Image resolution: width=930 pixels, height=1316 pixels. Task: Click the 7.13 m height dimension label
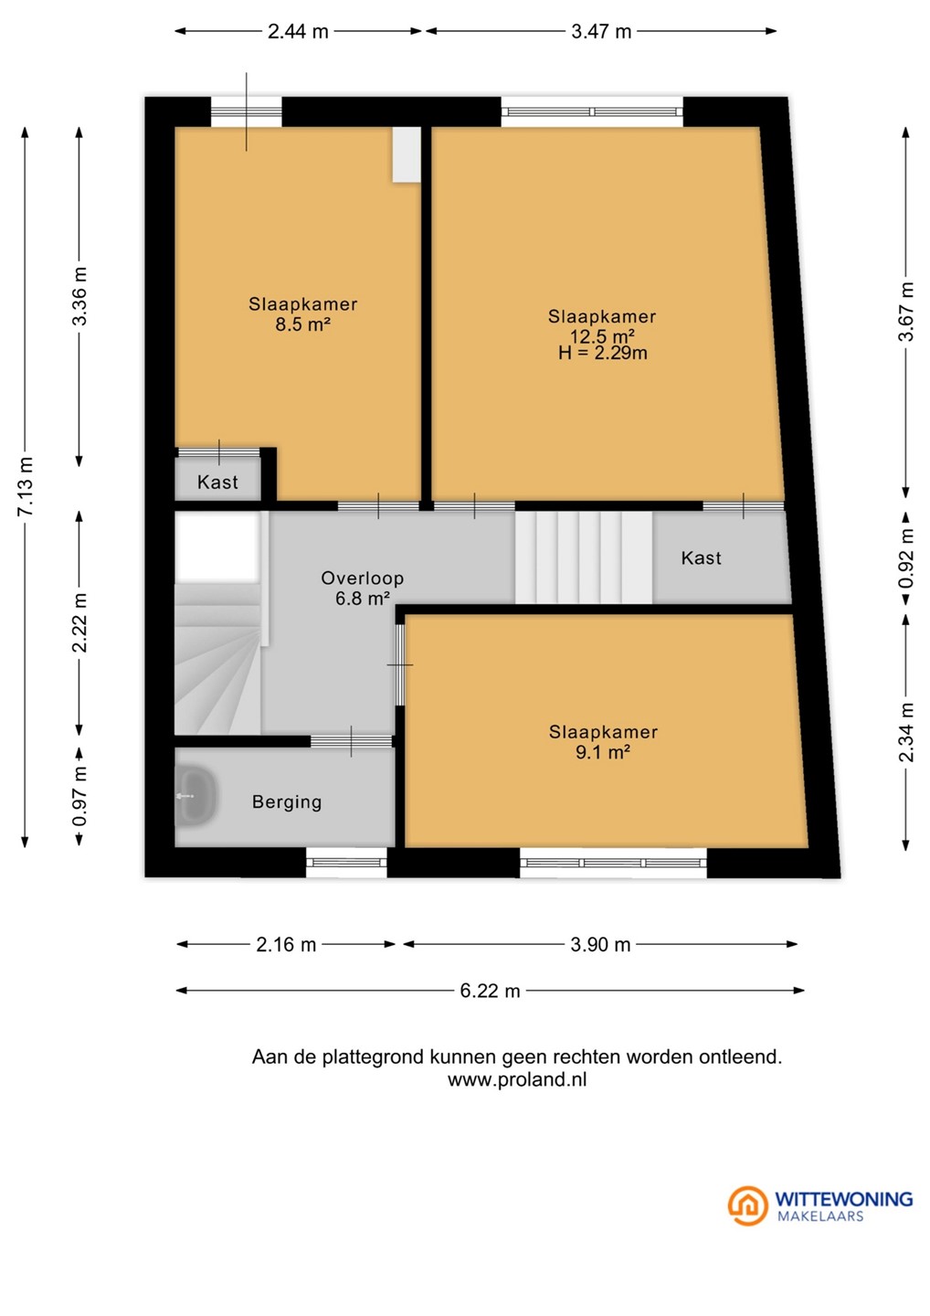tap(26, 486)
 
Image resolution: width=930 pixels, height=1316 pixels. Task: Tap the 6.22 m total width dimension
tap(490, 991)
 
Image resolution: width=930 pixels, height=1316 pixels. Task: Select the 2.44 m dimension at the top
tap(298, 31)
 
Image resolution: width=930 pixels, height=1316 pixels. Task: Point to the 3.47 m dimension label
tap(601, 31)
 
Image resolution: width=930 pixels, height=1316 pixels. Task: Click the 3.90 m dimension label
tap(600, 944)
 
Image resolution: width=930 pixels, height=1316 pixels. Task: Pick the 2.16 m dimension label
tap(286, 944)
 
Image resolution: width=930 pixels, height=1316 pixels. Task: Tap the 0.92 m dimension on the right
tap(906, 557)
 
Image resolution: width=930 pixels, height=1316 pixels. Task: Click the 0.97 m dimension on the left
tap(79, 796)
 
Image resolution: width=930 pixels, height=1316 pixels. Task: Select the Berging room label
tap(287, 802)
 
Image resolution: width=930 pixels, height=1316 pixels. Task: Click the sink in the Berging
tap(196, 796)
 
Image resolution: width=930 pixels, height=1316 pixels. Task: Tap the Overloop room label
tap(363, 578)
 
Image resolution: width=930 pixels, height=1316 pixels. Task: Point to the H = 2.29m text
tap(602, 353)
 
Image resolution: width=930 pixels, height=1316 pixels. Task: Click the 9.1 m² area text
tap(602, 752)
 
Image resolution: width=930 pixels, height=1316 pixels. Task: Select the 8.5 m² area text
tap(303, 324)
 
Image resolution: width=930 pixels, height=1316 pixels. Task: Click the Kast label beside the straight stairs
tap(701, 557)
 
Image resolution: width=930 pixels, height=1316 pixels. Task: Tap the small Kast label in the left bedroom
tap(217, 483)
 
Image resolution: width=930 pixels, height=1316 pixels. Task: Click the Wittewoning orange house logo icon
tap(747, 1205)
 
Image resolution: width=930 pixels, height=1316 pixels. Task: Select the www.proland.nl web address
tap(517, 1080)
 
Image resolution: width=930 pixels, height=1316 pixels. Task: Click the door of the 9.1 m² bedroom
tap(400, 665)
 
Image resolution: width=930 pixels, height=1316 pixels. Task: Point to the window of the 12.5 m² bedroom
tap(592, 111)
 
